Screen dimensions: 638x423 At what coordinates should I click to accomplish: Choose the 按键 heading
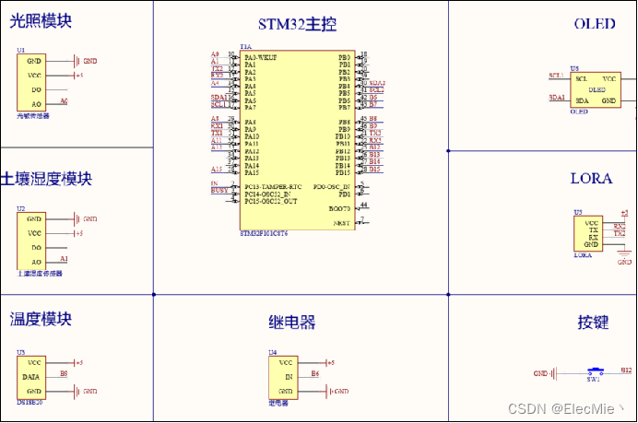click(x=594, y=323)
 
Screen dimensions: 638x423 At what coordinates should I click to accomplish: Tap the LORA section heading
click(x=591, y=179)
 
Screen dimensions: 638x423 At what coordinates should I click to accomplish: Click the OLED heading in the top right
click(x=594, y=24)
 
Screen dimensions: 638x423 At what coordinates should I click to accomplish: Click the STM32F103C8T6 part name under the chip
click(x=264, y=234)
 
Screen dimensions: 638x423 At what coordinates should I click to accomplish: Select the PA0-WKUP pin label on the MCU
click(x=261, y=57)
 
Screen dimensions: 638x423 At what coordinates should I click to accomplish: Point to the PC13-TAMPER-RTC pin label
click(x=274, y=187)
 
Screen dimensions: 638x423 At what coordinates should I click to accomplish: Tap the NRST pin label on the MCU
click(x=341, y=223)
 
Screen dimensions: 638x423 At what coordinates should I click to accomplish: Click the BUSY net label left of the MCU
click(x=219, y=191)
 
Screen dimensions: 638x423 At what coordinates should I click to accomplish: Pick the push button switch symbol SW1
click(x=593, y=371)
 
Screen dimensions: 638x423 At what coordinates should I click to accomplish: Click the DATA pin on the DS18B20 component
click(x=30, y=377)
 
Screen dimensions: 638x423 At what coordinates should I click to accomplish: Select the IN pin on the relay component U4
click(x=288, y=377)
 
